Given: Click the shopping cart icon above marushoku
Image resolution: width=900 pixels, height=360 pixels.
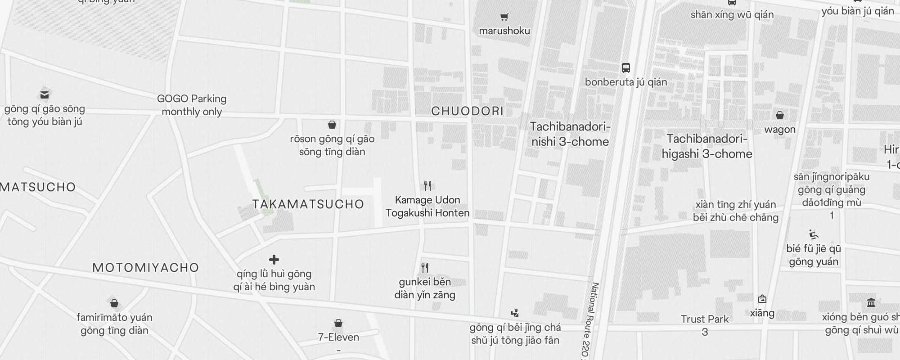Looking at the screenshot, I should [x=504, y=17].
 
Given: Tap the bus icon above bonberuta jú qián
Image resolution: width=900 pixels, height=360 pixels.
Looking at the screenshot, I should [x=625, y=68].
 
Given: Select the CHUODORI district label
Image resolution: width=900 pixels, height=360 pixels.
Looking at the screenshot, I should [x=467, y=111].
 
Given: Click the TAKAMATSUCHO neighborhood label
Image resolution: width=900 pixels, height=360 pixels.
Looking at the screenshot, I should [x=308, y=204].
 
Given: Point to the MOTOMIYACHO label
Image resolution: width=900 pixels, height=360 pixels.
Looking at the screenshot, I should [x=146, y=268].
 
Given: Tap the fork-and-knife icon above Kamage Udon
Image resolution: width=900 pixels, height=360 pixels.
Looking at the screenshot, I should [x=427, y=185].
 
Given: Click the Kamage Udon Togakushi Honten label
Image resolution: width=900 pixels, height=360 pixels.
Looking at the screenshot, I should [x=427, y=207].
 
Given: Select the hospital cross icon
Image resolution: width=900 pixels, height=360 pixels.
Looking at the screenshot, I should [x=274, y=260].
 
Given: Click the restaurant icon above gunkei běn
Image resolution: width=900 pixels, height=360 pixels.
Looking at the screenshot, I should [x=425, y=268].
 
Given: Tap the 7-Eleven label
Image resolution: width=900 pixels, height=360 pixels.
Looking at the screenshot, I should [x=338, y=337].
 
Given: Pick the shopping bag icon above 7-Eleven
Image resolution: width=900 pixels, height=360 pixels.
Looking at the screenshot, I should [x=338, y=323].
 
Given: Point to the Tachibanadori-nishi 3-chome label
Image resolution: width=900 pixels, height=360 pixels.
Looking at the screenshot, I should [x=570, y=134].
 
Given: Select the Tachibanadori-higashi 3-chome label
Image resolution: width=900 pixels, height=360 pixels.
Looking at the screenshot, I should [x=707, y=146].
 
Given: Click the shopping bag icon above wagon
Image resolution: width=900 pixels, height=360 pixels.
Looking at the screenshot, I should [x=780, y=115].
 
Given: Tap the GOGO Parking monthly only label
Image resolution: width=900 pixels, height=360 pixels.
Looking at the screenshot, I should [x=192, y=105].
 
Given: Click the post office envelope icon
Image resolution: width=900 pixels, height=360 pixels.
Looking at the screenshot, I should [x=44, y=94].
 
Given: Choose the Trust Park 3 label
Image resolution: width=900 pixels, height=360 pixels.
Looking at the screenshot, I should [x=705, y=325].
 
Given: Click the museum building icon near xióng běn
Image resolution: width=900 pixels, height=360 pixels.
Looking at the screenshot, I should [x=871, y=302].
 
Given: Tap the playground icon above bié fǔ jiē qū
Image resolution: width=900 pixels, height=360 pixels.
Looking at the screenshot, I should [x=813, y=234].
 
